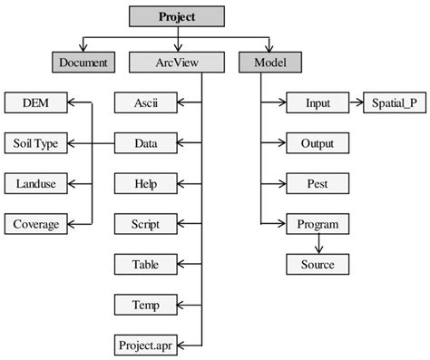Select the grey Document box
click(x=83, y=63)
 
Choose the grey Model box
click(x=270, y=63)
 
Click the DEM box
click(x=36, y=103)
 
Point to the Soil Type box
click(x=36, y=143)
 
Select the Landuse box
click(x=36, y=183)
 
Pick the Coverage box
click(x=36, y=223)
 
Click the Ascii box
click(x=145, y=103)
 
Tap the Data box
click(x=145, y=143)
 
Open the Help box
click(x=145, y=183)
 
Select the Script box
click(x=145, y=223)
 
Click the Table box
click(x=145, y=264)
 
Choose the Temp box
click(x=145, y=304)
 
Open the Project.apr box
click(x=145, y=345)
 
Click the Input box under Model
click(x=318, y=103)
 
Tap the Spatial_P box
click(x=393, y=103)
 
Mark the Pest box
click(x=318, y=183)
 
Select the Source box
click(x=318, y=264)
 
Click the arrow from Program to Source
click(x=318, y=243)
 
